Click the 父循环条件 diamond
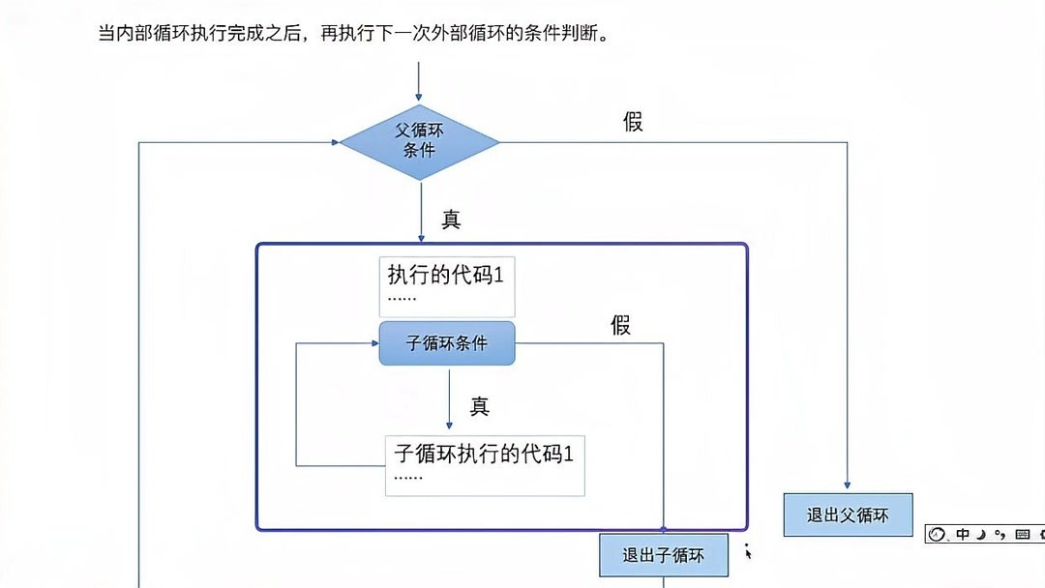419,142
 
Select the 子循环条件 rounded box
447,343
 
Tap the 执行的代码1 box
447,286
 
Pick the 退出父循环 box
848,514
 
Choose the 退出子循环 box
663,555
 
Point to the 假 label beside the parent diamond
633,122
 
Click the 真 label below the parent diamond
451,220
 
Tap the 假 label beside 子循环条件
620,325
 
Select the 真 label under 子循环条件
480,406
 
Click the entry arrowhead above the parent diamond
419,98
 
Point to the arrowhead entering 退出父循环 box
848,486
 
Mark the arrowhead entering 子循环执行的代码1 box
449,425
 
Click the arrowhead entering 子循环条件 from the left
373,342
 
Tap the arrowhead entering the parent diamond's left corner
334,142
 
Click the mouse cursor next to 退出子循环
747,551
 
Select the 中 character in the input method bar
963,534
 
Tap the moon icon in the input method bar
981,534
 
